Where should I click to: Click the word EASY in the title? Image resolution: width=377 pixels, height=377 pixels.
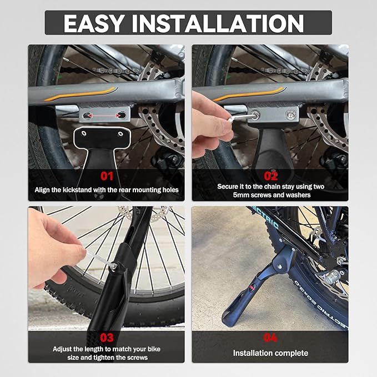pyautogui.click(x=94, y=23)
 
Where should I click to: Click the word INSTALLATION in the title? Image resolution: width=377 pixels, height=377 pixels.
pyautogui.click(x=218, y=23)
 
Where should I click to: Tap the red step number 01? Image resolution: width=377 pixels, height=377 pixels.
pyautogui.click(x=107, y=176)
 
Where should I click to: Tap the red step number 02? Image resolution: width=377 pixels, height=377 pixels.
pyautogui.click(x=271, y=176)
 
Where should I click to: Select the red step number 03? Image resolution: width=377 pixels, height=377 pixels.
pyautogui.click(x=107, y=338)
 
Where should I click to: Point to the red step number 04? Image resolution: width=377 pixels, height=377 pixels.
pyautogui.click(x=270, y=338)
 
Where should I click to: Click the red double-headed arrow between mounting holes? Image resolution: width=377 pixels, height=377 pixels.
pyautogui.click(x=104, y=116)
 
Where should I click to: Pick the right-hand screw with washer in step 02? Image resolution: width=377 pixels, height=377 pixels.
pyautogui.click(x=291, y=114)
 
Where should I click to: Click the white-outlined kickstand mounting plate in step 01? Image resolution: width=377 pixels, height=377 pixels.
pyautogui.click(x=102, y=137)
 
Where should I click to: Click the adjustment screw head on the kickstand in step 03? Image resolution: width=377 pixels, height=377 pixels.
pyautogui.click(x=113, y=267)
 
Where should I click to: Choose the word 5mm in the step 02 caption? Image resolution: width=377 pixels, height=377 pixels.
pyautogui.click(x=241, y=195)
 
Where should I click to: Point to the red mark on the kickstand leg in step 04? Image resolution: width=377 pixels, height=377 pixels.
pyautogui.click(x=252, y=287)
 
